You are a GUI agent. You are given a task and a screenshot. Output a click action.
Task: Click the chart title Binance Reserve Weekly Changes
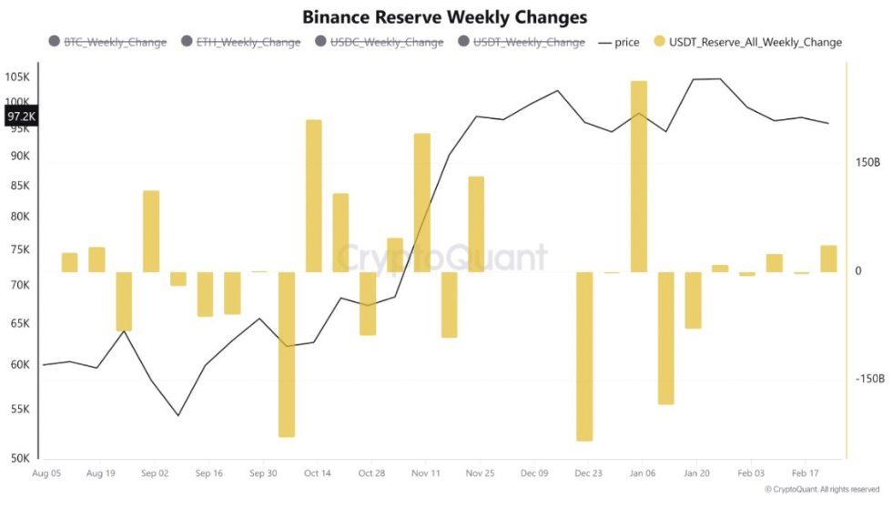tap(444, 17)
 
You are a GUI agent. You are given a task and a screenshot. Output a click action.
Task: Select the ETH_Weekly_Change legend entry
tap(241, 42)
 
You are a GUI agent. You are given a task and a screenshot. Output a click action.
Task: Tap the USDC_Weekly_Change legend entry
tap(379, 42)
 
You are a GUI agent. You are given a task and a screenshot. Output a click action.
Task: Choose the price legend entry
tap(619, 42)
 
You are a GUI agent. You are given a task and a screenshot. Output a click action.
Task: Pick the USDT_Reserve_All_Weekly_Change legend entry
tap(746, 42)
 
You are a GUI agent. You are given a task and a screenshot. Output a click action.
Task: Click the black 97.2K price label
tap(21, 117)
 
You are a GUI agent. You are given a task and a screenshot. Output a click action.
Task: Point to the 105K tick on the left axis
tap(18, 76)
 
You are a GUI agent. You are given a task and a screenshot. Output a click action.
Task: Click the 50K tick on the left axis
tap(20, 459)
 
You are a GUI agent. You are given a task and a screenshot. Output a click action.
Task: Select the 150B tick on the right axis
tap(867, 162)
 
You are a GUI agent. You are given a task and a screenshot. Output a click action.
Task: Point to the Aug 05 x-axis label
tap(46, 473)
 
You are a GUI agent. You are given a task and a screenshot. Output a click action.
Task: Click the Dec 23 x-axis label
tap(588, 473)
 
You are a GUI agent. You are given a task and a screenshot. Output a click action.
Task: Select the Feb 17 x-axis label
tap(805, 473)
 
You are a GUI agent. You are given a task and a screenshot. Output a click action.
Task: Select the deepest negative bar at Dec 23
tap(584, 356)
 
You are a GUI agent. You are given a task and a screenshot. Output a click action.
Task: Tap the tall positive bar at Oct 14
tap(313, 196)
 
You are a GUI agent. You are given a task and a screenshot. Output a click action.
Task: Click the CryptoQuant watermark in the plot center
tap(442, 258)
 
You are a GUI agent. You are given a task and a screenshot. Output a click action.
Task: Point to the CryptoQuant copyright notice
tap(821, 489)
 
